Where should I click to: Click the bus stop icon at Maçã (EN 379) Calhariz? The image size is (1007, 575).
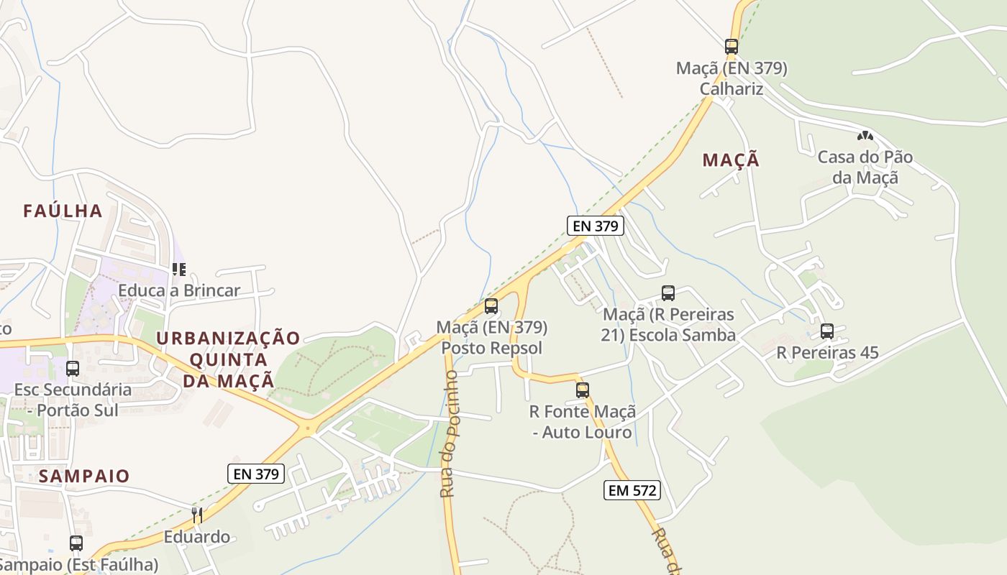click(732, 47)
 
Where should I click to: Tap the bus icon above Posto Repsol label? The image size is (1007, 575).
click(491, 306)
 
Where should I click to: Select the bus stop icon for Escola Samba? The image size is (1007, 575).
click(668, 293)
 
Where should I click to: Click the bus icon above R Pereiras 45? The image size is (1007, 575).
click(827, 331)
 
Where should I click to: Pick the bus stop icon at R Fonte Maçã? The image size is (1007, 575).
click(583, 390)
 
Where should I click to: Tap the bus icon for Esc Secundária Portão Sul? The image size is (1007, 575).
click(73, 369)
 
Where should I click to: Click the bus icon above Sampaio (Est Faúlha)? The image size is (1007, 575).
click(76, 543)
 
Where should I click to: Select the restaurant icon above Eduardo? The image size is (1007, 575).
click(196, 515)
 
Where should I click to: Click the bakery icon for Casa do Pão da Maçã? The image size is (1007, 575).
click(865, 136)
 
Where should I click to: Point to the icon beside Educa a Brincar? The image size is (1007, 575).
click(179, 270)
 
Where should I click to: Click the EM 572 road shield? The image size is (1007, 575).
click(632, 490)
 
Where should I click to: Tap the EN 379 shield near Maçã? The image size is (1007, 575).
click(595, 226)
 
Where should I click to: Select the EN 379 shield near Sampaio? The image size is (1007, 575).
click(256, 474)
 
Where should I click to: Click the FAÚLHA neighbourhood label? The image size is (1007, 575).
click(63, 211)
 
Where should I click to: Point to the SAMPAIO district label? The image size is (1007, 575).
click(84, 476)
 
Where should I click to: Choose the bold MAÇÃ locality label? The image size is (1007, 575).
click(731, 160)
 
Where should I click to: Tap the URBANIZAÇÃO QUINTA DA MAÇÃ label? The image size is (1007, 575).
click(228, 359)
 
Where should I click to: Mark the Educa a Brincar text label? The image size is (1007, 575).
click(179, 291)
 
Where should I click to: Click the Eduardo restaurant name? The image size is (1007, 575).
click(197, 537)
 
